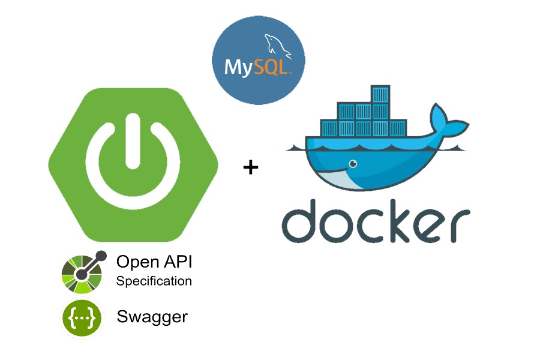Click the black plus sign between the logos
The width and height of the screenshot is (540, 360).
[251, 167]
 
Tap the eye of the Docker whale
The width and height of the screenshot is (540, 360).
[353, 164]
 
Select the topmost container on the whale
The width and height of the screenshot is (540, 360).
[380, 94]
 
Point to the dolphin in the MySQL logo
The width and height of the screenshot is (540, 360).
[277, 46]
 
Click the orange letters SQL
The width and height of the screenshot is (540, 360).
[272, 67]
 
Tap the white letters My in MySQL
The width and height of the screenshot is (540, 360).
[239, 68]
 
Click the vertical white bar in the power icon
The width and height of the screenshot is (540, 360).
[133, 141]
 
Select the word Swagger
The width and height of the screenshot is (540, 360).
[152, 317]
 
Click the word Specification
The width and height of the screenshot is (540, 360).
[154, 281]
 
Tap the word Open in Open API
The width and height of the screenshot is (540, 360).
[138, 262]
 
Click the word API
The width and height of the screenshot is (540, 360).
[178, 262]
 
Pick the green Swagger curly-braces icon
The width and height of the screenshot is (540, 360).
[82, 318]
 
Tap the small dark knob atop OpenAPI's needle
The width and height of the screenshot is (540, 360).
[101, 256]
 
